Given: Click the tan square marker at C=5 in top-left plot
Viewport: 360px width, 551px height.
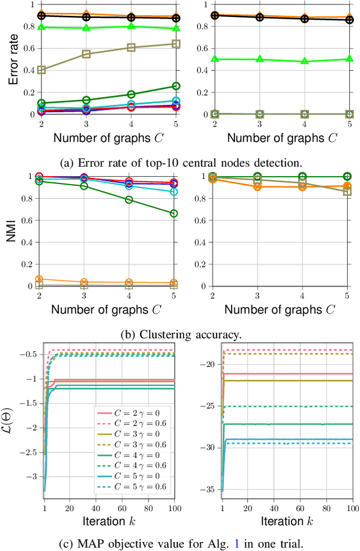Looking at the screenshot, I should click(176, 44).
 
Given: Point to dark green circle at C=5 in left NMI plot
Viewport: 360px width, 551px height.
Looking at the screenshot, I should click(174, 213).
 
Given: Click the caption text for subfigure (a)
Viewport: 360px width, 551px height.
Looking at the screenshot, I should click(179, 162).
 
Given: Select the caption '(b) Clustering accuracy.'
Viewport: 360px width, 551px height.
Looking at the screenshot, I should click(179, 334).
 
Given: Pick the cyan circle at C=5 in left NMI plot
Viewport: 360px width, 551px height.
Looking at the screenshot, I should click(174, 192).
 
